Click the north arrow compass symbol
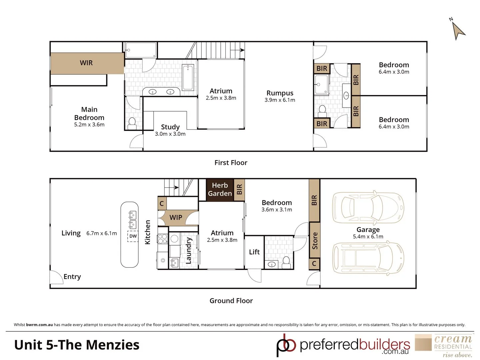[x=458, y=30]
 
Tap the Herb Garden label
[x=220, y=189]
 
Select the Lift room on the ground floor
[x=254, y=252]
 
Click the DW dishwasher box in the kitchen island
[x=133, y=236]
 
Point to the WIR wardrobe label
[x=86, y=63]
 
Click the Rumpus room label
[x=280, y=93]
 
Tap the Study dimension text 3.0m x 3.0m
[x=170, y=134]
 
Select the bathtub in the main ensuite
[x=188, y=77]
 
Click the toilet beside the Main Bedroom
[x=132, y=123]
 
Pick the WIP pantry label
[x=176, y=218]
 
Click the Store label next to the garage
[x=315, y=241]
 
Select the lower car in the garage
[x=368, y=258]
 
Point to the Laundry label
[x=189, y=251]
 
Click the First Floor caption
[x=231, y=163]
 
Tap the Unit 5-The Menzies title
[x=77, y=345]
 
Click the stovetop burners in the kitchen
[x=162, y=239]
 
